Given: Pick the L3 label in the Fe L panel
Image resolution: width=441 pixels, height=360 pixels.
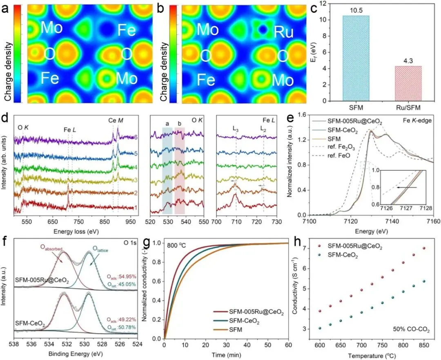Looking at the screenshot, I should [236, 128].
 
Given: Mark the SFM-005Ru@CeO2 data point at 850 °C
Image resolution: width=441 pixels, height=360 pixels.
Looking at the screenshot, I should [423, 248].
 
